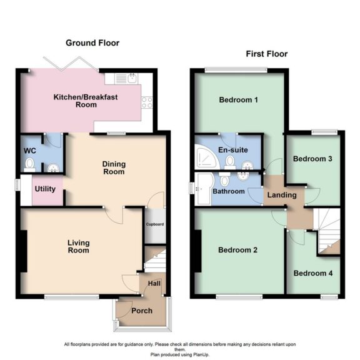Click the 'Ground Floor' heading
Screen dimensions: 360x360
[x=92, y=43]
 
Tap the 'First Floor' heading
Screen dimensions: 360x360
[x=266, y=54]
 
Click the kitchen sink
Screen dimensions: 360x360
[x=132, y=79]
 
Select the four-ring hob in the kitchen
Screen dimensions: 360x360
[x=148, y=102]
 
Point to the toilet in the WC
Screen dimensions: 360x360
[x=28, y=164]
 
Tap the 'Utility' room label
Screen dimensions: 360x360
[x=45, y=189]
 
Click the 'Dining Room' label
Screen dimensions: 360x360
[x=114, y=167]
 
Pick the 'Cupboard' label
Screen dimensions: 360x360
[x=154, y=224]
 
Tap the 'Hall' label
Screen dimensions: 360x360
[x=154, y=284]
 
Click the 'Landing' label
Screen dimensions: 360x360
[x=282, y=196]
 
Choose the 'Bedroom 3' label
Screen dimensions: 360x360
[x=312, y=159]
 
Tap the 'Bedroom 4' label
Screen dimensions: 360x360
[x=313, y=273]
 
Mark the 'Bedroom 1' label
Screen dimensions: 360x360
[x=238, y=100]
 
